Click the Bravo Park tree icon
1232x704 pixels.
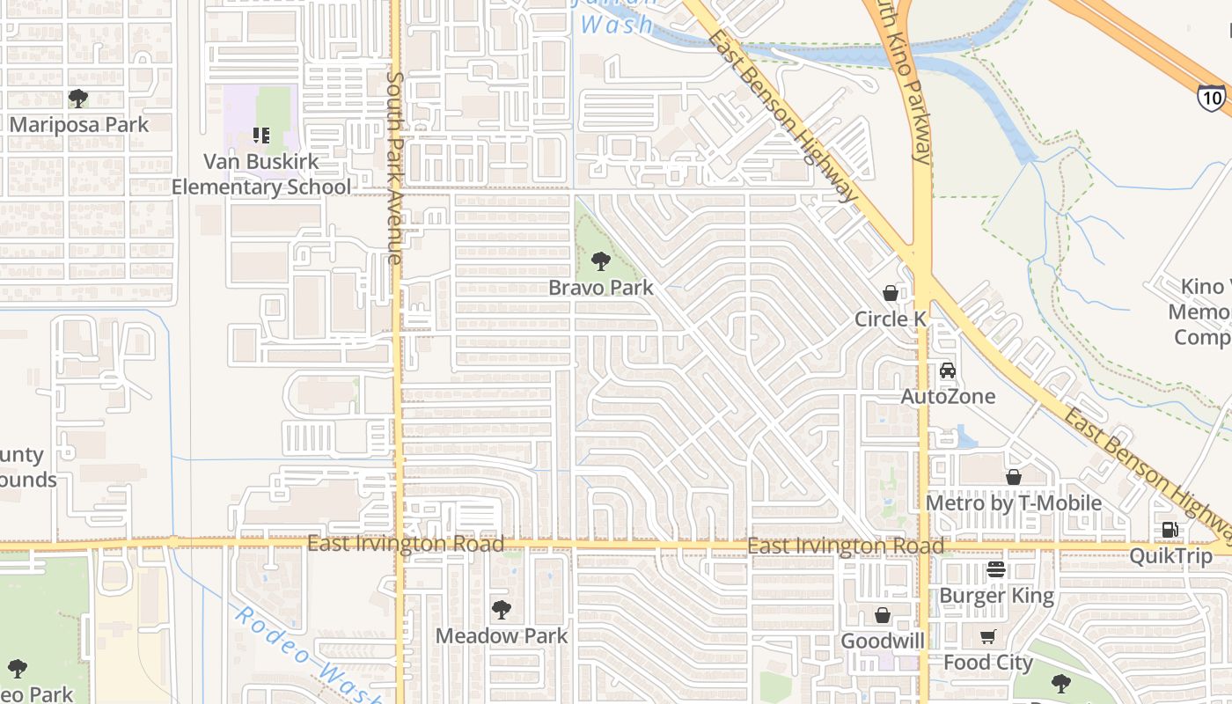(601, 260)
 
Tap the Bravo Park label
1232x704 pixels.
(601, 288)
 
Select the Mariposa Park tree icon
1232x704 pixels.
(78, 98)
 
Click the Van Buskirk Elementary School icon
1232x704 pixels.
(261, 136)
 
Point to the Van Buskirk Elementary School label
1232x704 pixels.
(260, 174)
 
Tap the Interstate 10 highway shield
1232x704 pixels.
(1212, 98)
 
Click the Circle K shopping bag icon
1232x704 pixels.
(891, 293)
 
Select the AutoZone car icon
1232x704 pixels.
(948, 370)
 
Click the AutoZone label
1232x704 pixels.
(948, 397)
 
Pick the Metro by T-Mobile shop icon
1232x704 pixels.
(1014, 477)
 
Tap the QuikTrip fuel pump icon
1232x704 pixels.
(1170, 530)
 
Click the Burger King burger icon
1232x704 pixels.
(996, 570)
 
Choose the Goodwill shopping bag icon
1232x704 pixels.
(883, 615)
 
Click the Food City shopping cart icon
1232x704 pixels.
(988, 636)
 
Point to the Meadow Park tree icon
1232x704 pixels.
(502, 609)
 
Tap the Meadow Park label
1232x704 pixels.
(502, 635)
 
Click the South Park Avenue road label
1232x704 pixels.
(394, 167)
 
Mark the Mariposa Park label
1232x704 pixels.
(79, 124)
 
